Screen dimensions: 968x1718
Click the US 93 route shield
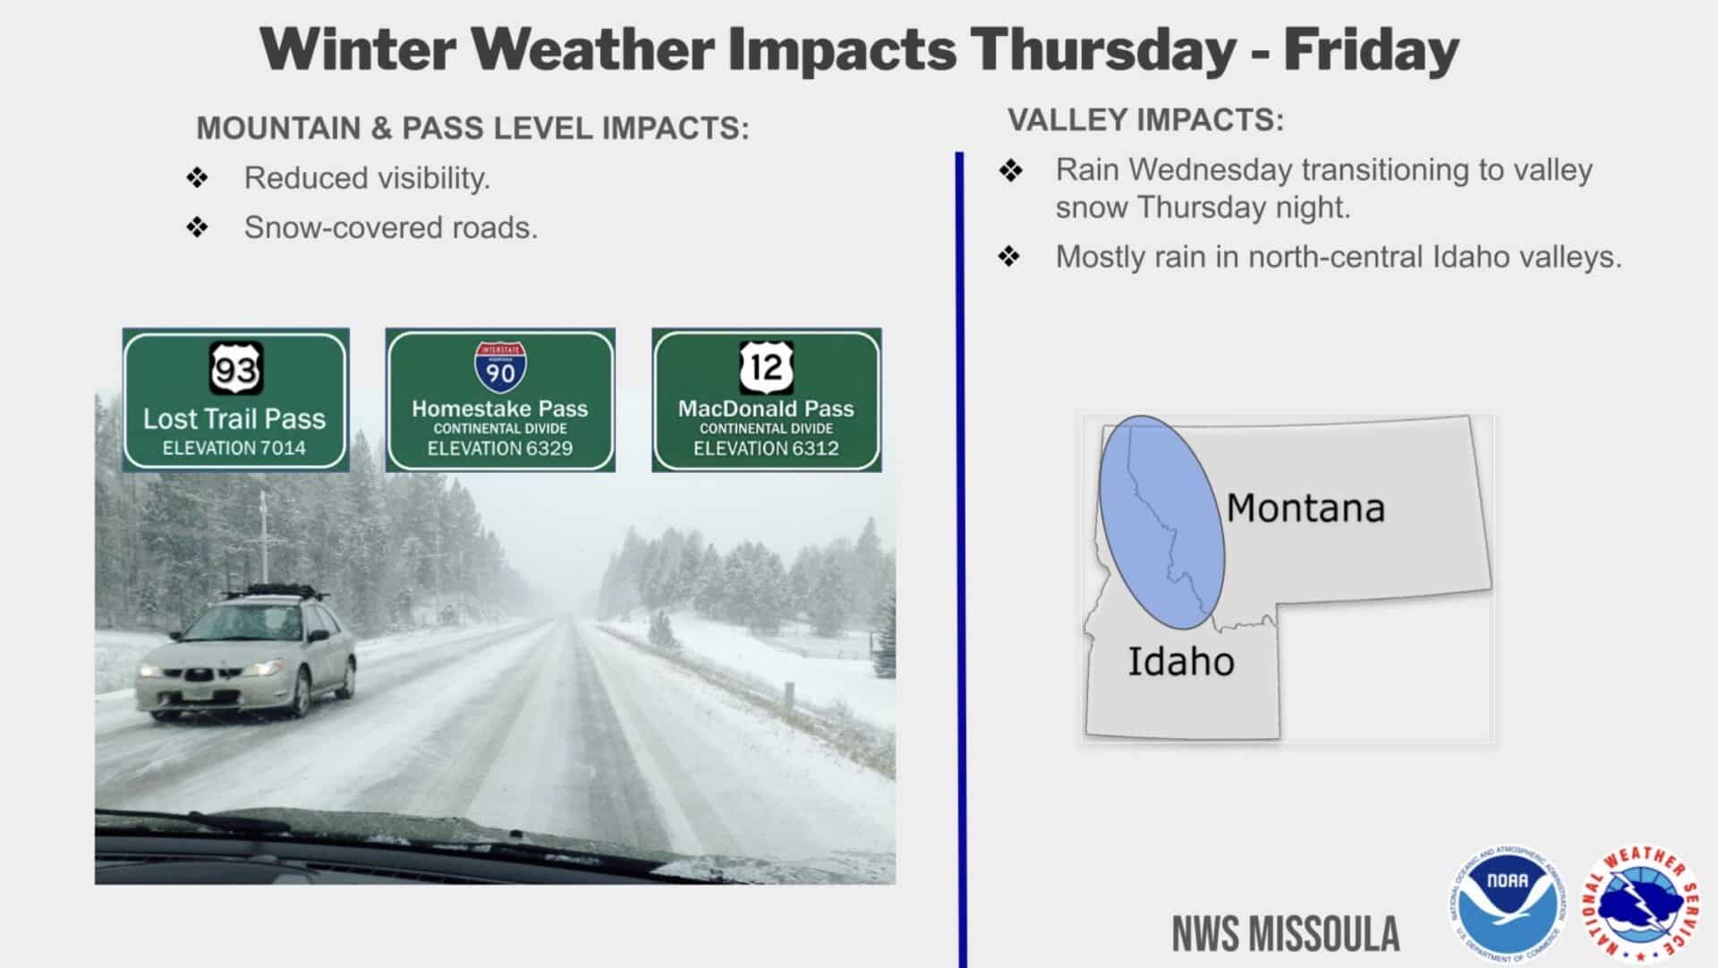pos(236,368)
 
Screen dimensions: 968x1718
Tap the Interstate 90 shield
pos(500,367)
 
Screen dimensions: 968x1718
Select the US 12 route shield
pos(767,366)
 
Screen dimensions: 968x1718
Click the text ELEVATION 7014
pos(234,448)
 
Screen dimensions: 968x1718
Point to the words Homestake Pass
pos(499,408)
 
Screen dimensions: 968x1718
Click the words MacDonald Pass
pos(766,408)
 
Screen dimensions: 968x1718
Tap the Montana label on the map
pos(1305,509)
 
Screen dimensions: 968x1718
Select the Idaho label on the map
pos(1180,663)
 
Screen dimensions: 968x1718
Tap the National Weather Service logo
pos(1641,903)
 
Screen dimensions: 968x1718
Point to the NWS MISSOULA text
pos(1286,934)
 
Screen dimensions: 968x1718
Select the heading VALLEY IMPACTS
pos(1145,120)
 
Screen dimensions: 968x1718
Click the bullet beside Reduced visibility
pos(197,178)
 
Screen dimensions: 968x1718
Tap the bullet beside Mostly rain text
pos(1009,257)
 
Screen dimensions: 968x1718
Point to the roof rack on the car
pos(273,591)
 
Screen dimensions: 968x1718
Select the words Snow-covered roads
pos(390,228)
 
